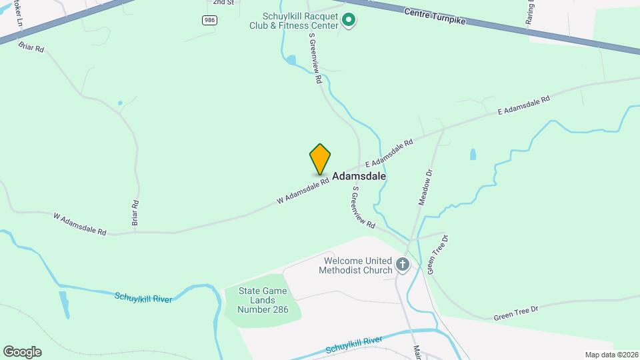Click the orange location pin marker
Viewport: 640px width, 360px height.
(x=320, y=159)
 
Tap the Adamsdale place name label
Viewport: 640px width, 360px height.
(x=359, y=177)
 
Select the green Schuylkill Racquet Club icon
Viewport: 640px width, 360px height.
(x=348, y=21)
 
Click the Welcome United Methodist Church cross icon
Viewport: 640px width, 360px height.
(x=403, y=265)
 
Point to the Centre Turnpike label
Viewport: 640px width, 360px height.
(x=434, y=17)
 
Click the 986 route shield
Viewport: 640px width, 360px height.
(x=210, y=21)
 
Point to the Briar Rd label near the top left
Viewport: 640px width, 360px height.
(x=31, y=48)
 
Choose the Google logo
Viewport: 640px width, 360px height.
(x=22, y=351)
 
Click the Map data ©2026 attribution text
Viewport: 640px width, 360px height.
(x=611, y=355)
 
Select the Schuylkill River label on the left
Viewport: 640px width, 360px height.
(x=143, y=298)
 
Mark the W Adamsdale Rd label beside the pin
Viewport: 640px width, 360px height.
(x=303, y=191)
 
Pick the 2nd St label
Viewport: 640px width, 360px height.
(x=223, y=3)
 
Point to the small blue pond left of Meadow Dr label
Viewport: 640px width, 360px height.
(x=473, y=154)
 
